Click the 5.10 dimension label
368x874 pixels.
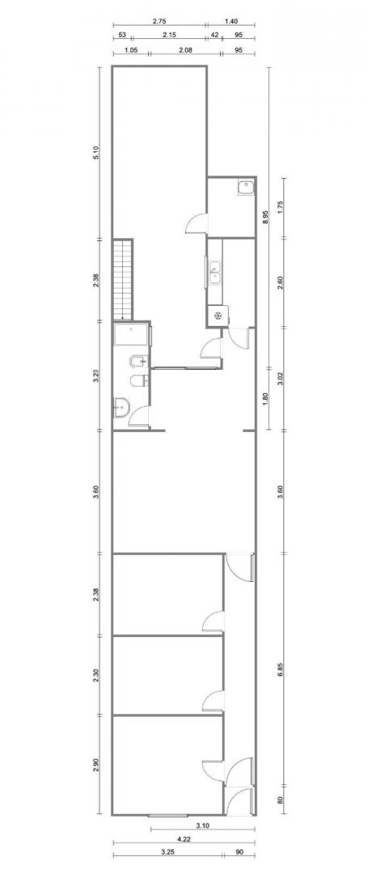click(96, 153)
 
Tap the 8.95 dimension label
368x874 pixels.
click(265, 217)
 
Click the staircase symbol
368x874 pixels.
click(123, 279)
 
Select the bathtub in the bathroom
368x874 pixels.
click(131, 336)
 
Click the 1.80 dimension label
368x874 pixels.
click(265, 398)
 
